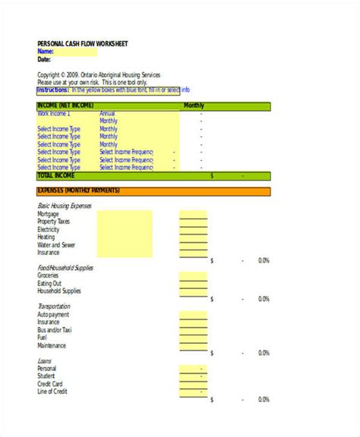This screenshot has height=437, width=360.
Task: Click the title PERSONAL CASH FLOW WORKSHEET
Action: [83, 43]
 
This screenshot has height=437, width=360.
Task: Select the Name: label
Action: [46, 51]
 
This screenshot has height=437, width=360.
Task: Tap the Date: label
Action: [44, 58]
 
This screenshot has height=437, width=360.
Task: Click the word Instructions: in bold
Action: [53, 89]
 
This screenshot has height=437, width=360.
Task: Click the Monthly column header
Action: [194, 106]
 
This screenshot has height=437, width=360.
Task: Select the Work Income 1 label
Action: [54, 113]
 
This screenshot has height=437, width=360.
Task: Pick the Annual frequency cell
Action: [109, 113]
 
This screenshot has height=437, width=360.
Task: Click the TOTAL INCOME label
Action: [57, 175]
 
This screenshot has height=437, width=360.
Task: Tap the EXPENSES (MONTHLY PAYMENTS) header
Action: [79, 190]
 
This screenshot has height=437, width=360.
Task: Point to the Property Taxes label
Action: [54, 222]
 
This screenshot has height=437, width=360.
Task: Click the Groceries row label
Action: [49, 276]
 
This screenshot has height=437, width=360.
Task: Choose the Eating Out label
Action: [50, 284]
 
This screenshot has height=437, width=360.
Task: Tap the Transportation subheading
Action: [54, 307]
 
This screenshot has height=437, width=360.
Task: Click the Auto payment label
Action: [53, 315]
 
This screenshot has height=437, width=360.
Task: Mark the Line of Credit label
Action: [53, 391]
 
